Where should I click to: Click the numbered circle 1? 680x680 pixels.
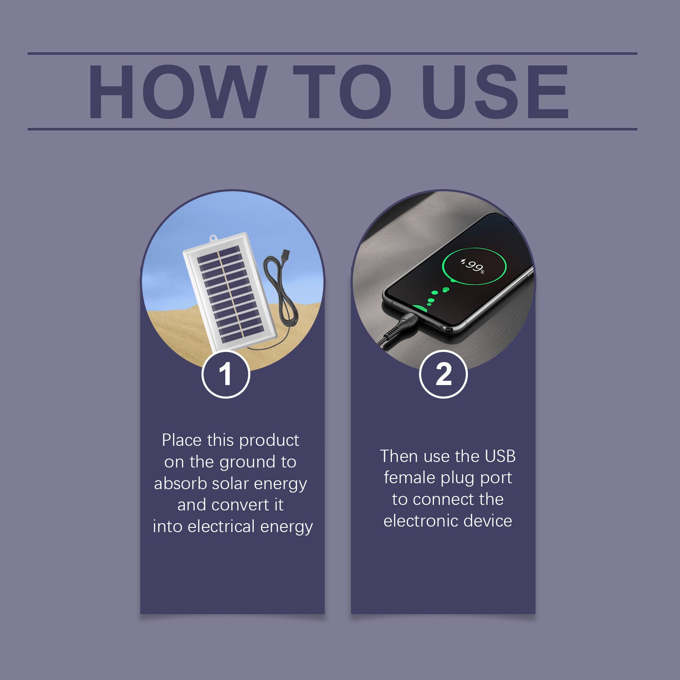point(226,374)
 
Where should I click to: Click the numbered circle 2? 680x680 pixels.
point(443,374)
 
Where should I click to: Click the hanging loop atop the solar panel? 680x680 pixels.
point(213,238)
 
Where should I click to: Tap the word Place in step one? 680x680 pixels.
point(181,440)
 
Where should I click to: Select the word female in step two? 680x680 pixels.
point(410,478)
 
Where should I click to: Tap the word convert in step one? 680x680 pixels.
point(241,505)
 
